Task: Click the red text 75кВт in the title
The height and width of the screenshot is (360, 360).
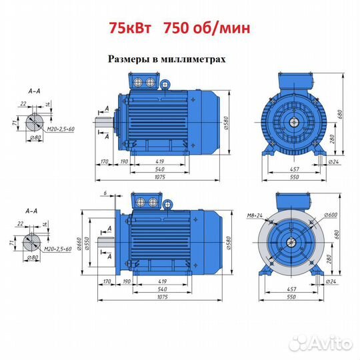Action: click(x=130, y=28)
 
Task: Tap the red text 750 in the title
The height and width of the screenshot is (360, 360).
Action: click(x=176, y=28)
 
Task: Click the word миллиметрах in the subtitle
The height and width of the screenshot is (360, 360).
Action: click(x=193, y=59)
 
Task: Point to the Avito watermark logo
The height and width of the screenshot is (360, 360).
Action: click(x=321, y=343)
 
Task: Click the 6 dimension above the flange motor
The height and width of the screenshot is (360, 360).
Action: click(x=105, y=193)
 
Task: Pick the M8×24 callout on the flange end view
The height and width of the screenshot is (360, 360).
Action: click(x=255, y=215)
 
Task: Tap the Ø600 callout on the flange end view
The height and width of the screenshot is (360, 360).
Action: click(x=331, y=215)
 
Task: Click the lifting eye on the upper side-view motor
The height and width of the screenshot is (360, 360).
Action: click(x=165, y=85)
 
